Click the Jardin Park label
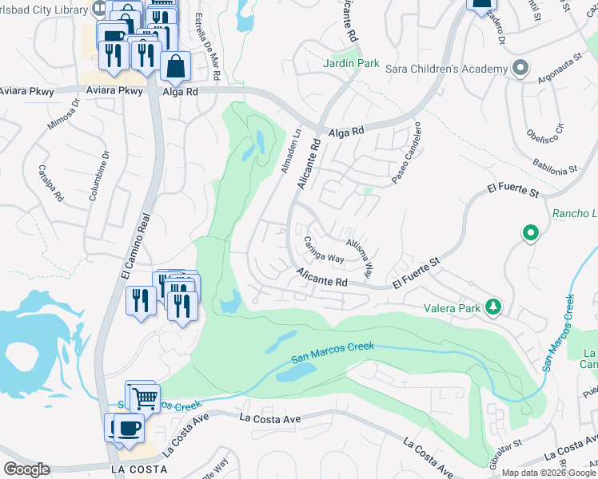coord(352,63)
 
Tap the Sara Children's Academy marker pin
coord(521,68)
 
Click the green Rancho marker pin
coord(530,234)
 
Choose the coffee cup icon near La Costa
coord(128,427)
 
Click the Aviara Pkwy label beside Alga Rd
coord(121,91)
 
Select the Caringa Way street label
coord(323,249)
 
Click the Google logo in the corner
coord(26,469)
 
